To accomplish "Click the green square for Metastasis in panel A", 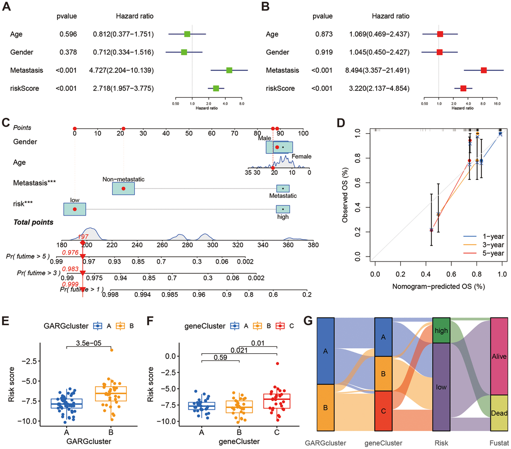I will tap(229, 71).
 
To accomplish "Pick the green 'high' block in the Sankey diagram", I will tap(442, 331).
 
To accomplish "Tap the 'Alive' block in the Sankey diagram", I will tap(501, 356).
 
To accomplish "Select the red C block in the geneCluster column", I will tap(383, 411).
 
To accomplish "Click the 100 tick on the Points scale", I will tap(303, 134).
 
